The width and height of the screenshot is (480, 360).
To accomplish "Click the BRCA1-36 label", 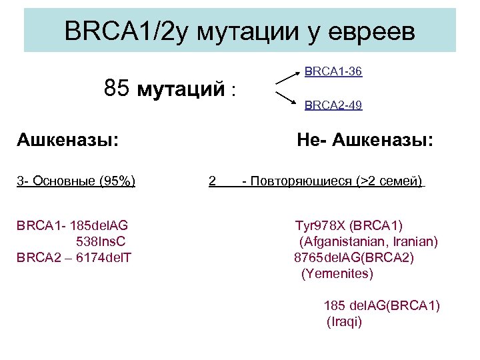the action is [333, 71].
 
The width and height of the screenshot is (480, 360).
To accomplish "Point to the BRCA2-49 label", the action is [333, 105].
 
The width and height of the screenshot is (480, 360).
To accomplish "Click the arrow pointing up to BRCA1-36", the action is [287, 77].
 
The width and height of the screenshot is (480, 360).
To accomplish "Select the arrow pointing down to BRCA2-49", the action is [287, 97].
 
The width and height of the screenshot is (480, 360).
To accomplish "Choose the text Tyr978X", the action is [318, 225].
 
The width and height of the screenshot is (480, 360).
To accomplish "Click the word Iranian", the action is [413, 241].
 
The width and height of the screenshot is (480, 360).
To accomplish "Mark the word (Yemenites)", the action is [337, 273].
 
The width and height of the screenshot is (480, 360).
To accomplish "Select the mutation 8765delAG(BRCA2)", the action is [354, 257].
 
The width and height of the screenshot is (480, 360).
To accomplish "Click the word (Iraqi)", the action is [344, 321].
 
